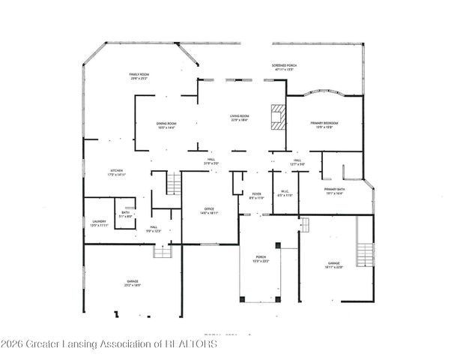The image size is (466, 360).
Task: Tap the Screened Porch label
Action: [x=283, y=67]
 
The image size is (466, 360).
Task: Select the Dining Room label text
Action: [x=166, y=125]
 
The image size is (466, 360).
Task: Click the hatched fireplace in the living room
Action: [x=279, y=118]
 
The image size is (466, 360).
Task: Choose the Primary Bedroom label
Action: [x=325, y=124]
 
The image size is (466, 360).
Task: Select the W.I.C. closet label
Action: [x=285, y=193]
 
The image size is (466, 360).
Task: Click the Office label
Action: [x=210, y=211]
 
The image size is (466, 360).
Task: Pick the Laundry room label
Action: [x=99, y=223]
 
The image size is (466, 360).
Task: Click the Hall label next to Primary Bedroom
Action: [x=297, y=163]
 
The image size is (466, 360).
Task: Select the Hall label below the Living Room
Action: [x=212, y=161]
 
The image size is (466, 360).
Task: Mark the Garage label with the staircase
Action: [x=334, y=265]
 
